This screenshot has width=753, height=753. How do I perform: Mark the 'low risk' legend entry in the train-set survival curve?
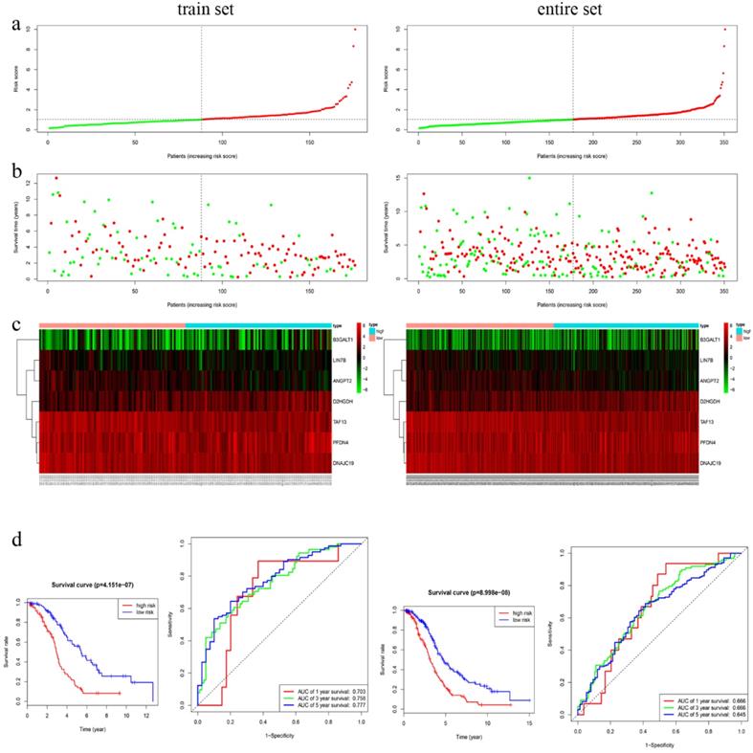(134, 613)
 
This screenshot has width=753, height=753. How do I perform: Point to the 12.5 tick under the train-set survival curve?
(149, 716)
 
